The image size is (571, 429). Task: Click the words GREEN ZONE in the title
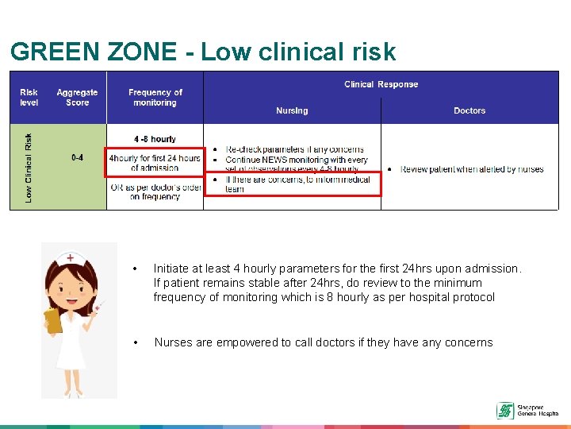94,52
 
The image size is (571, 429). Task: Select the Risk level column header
29,97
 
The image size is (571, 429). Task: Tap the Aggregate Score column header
77,97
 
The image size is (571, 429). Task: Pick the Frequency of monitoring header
155,97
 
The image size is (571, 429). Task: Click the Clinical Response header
381,84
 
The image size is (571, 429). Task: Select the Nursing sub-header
292,110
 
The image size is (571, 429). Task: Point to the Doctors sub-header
469,110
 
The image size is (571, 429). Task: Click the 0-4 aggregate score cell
77,157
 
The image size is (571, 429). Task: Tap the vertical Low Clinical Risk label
29,167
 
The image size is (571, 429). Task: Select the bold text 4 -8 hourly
155,139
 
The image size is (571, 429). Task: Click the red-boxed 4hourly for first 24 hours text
155,162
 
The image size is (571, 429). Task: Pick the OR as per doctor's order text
155,191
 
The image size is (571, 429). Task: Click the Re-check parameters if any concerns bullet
294,149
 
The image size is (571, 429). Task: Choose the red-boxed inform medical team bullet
293,184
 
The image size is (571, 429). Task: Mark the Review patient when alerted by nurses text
471,169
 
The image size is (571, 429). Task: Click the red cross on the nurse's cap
71,258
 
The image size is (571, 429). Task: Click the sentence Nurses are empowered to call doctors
323,342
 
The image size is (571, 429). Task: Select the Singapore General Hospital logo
527,410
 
